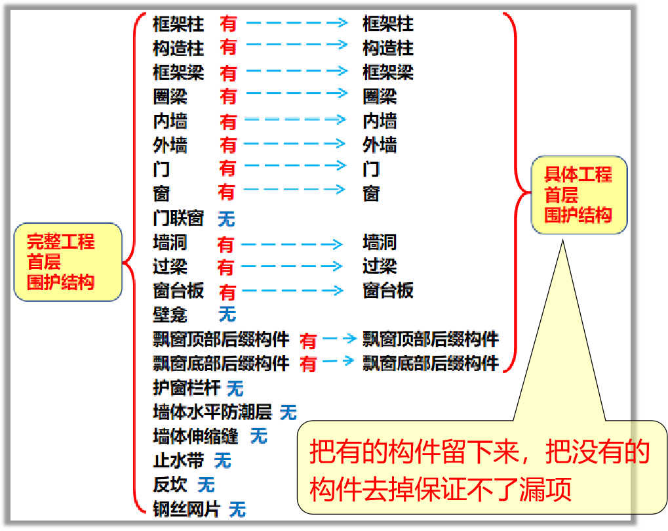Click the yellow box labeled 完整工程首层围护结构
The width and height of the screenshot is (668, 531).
coord(68,262)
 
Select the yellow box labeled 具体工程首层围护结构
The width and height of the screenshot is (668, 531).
coord(579,195)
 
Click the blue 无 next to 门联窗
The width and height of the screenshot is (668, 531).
coord(226,219)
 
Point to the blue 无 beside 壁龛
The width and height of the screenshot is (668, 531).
coord(227,314)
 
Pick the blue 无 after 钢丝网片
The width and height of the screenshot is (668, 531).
coord(237,509)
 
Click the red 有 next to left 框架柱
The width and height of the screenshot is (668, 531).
coord(228,24)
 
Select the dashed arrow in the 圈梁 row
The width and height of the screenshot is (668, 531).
coord(297,93)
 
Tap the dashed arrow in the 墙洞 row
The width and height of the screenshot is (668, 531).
coord(292,244)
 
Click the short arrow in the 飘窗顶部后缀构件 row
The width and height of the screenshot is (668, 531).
coord(340,339)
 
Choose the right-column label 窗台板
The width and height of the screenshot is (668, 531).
coord(388,291)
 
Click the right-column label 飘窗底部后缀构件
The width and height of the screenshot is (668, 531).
coord(431,364)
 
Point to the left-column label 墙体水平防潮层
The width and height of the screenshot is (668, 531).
coord(212,412)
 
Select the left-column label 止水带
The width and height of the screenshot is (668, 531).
coord(178,461)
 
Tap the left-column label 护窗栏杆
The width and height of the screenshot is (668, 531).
coord(187,388)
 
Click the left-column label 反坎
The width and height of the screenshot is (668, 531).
coord(170,484)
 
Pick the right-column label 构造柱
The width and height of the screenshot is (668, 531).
coord(388,48)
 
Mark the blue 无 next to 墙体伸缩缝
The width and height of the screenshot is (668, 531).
coord(258,436)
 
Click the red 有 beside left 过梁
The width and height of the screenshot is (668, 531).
coord(226,267)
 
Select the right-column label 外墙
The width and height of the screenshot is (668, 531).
coord(380,145)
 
